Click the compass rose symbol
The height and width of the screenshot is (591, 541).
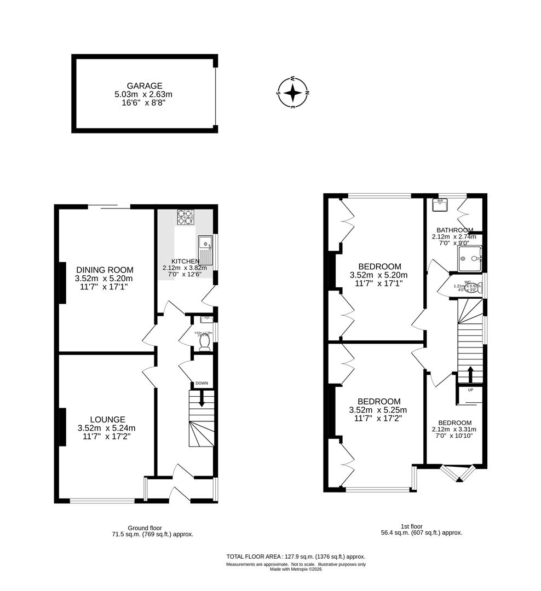293,92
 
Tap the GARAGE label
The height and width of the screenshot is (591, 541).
145,86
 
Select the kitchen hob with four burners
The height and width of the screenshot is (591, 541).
186,217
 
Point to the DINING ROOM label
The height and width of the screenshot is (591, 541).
105,270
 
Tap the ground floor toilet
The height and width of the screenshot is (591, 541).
205,341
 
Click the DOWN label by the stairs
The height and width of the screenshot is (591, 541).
202,383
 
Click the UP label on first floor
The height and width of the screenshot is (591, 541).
470,390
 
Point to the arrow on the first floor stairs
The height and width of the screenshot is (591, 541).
470,375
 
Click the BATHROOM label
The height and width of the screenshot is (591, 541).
454,230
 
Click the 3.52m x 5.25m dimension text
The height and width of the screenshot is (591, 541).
378,410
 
